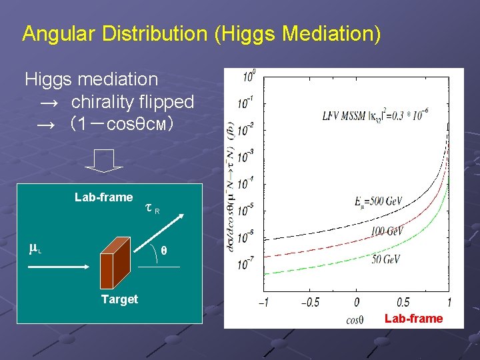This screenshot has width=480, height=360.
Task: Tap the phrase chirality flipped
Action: pyautogui.click(x=132, y=102)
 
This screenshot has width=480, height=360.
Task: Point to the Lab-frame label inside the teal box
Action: pyautogui.click(x=103, y=197)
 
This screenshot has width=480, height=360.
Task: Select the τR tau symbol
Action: pyautogui.click(x=151, y=209)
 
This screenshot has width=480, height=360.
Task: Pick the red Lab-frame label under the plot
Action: pyautogui.click(x=413, y=319)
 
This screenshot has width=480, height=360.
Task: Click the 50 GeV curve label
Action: pyautogui.click(x=386, y=259)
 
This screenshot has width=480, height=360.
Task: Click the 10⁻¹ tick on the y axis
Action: pyautogui.click(x=246, y=104)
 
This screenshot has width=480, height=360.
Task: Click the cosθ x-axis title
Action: pyautogui.click(x=355, y=319)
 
